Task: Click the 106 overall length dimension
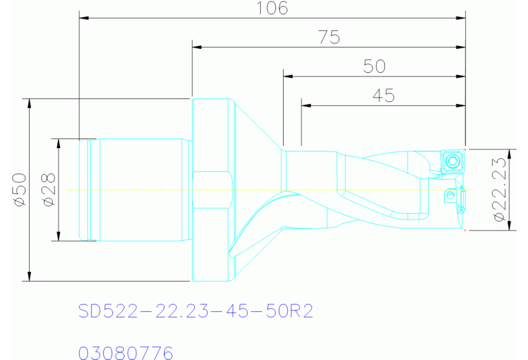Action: click(x=272, y=8)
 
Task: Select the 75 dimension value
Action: click(x=329, y=37)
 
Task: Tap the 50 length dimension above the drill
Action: click(x=374, y=66)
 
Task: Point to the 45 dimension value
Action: click(x=383, y=96)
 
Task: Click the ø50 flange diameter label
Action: click(x=19, y=189)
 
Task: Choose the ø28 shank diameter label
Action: click(x=49, y=189)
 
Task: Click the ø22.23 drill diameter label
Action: click(x=499, y=189)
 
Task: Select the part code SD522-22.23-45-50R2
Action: click(x=196, y=311)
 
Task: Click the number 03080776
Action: click(x=125, y=353)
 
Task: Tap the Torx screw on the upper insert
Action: click(x=452, y=161)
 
